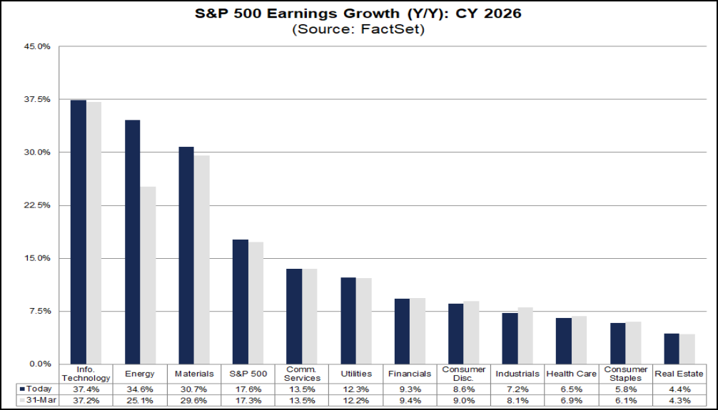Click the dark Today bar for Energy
(132, 242)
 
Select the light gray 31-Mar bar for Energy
(148, 275)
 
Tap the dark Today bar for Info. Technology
(79, 232)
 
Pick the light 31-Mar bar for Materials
(202, 260)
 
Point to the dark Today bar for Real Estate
(672, 349)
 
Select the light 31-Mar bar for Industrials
(525, 336)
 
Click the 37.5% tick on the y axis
(38, 99)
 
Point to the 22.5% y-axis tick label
(38, 205)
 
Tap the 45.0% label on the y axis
(38, 46)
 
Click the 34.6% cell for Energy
(140, 389)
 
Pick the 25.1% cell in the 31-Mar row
(140, 401)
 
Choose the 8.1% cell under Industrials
(517, 401)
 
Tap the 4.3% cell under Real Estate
(679, 401)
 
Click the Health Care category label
(572, 374)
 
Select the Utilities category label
(356, 374)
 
